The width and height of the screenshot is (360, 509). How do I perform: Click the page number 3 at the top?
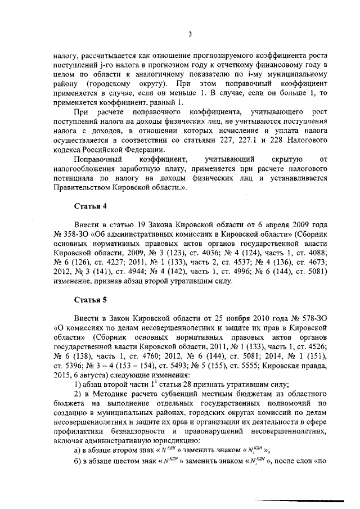coord(190,34)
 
